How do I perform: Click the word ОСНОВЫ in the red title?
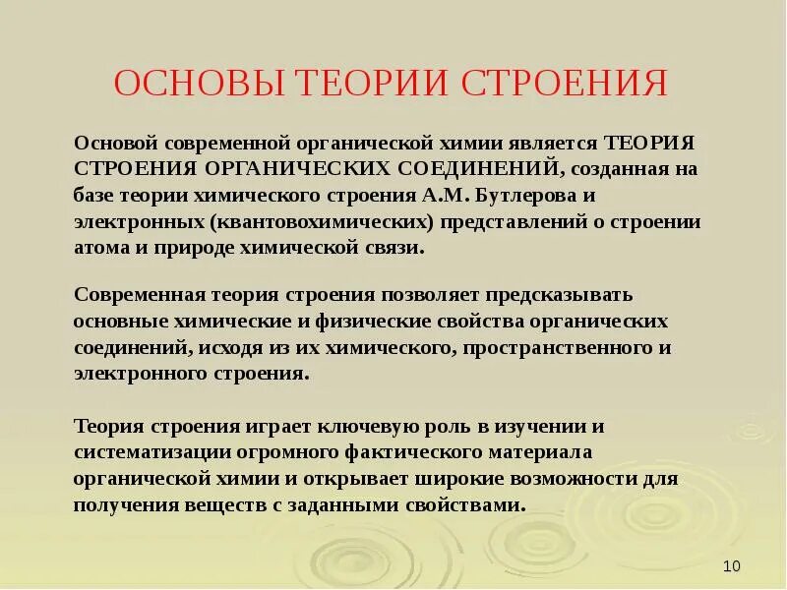pos(184,83)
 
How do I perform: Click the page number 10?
pos(731,565)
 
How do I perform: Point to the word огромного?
pos(289,452)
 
